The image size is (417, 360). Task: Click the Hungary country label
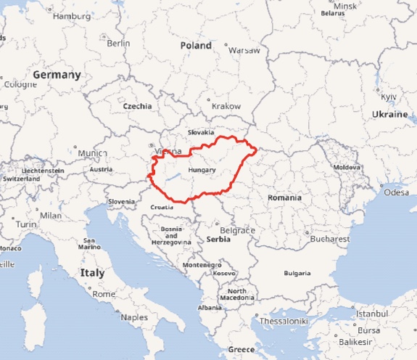tap(202, 170)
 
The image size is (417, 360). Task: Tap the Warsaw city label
tap(244, 51)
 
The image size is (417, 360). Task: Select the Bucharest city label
tap(329, 239)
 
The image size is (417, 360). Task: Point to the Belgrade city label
tap(237, 230)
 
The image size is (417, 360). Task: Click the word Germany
tap(57, 75)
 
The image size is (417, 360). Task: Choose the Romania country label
tap(284, 197)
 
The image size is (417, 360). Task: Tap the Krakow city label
tap(226, 106)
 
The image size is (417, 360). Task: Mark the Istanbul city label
tap(371, 313)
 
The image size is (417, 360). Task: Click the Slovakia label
tap(201, 133)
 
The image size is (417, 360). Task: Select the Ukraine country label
tap(390, 115)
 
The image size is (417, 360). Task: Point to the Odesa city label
tap(397, 192)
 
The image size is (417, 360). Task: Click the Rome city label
tap(104, 295)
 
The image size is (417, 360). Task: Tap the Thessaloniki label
tap(284, 320)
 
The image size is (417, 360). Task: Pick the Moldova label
tap(346, 167)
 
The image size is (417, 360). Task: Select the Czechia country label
tap(138, 106)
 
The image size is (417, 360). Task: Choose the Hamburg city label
tap(73, 15)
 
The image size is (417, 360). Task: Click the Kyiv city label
tap(389, 97)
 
